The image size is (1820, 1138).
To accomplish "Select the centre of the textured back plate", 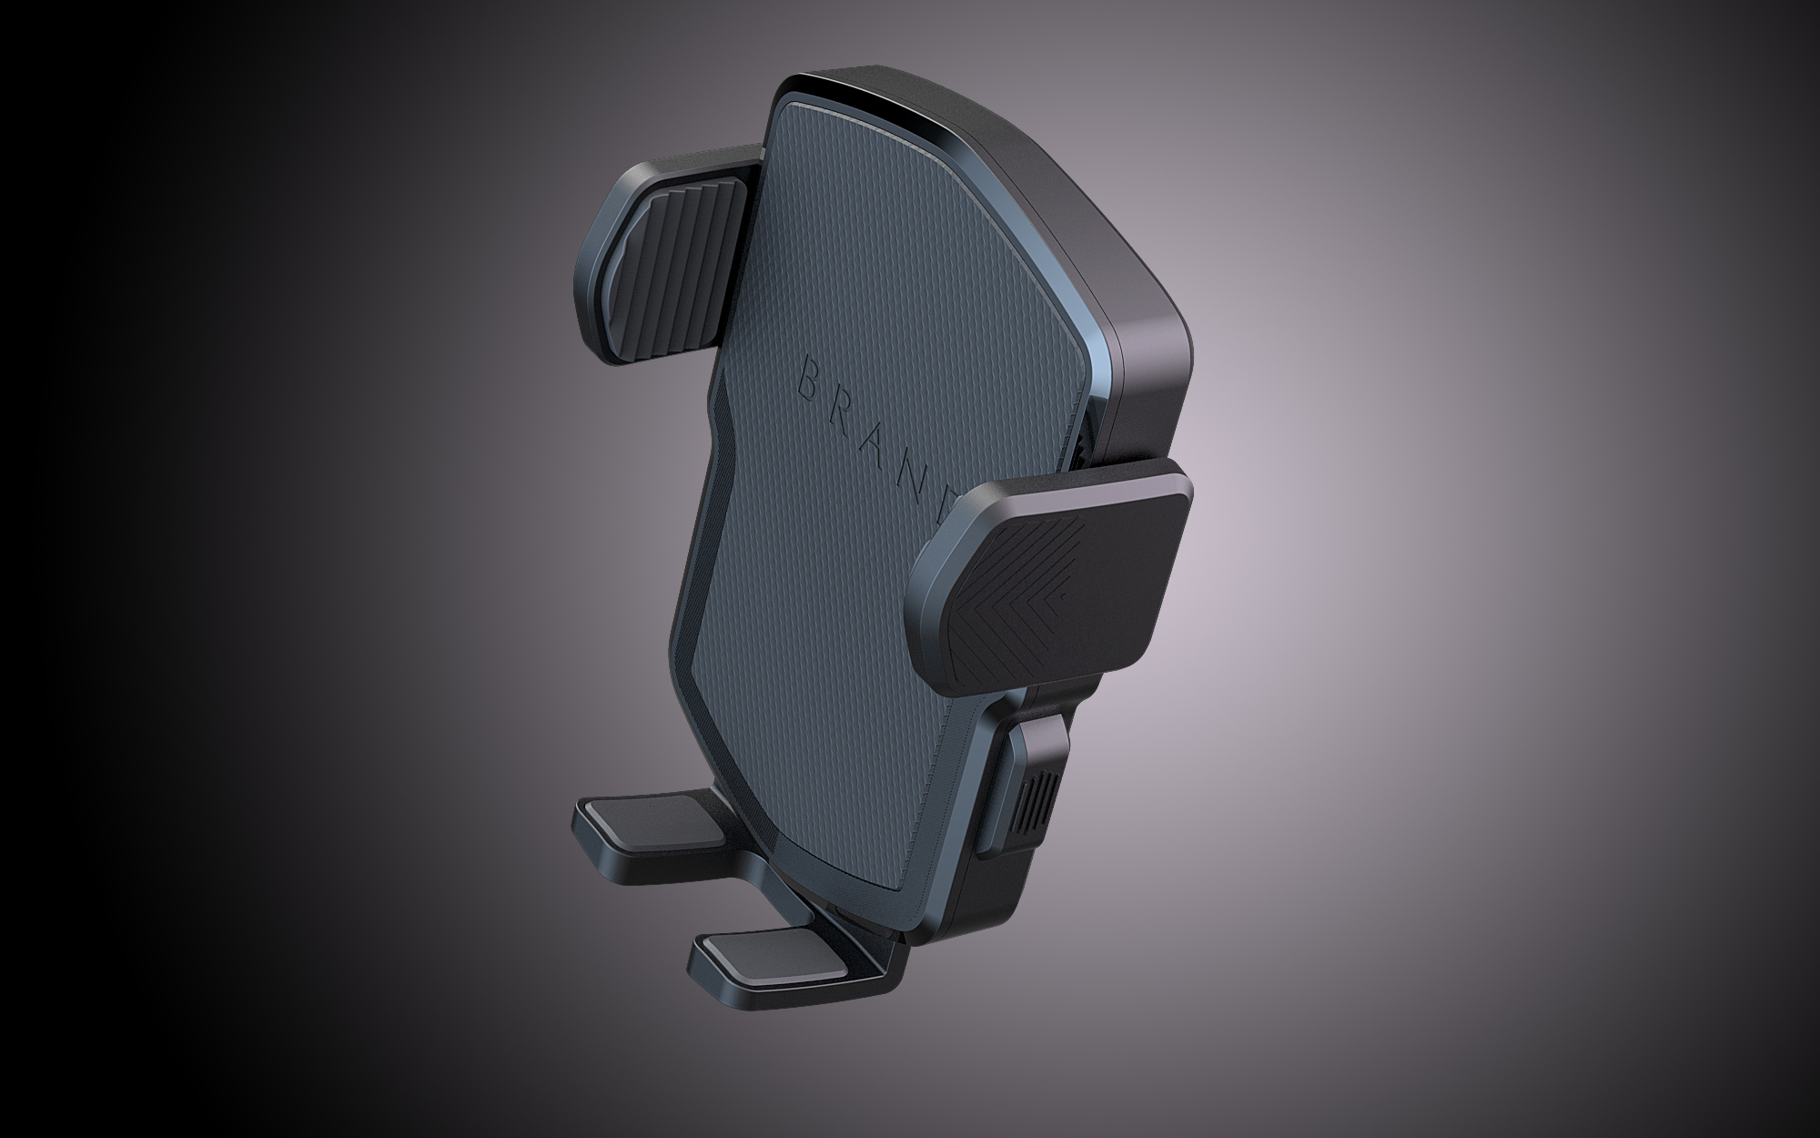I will pyautogui.click(x=874, y=473).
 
